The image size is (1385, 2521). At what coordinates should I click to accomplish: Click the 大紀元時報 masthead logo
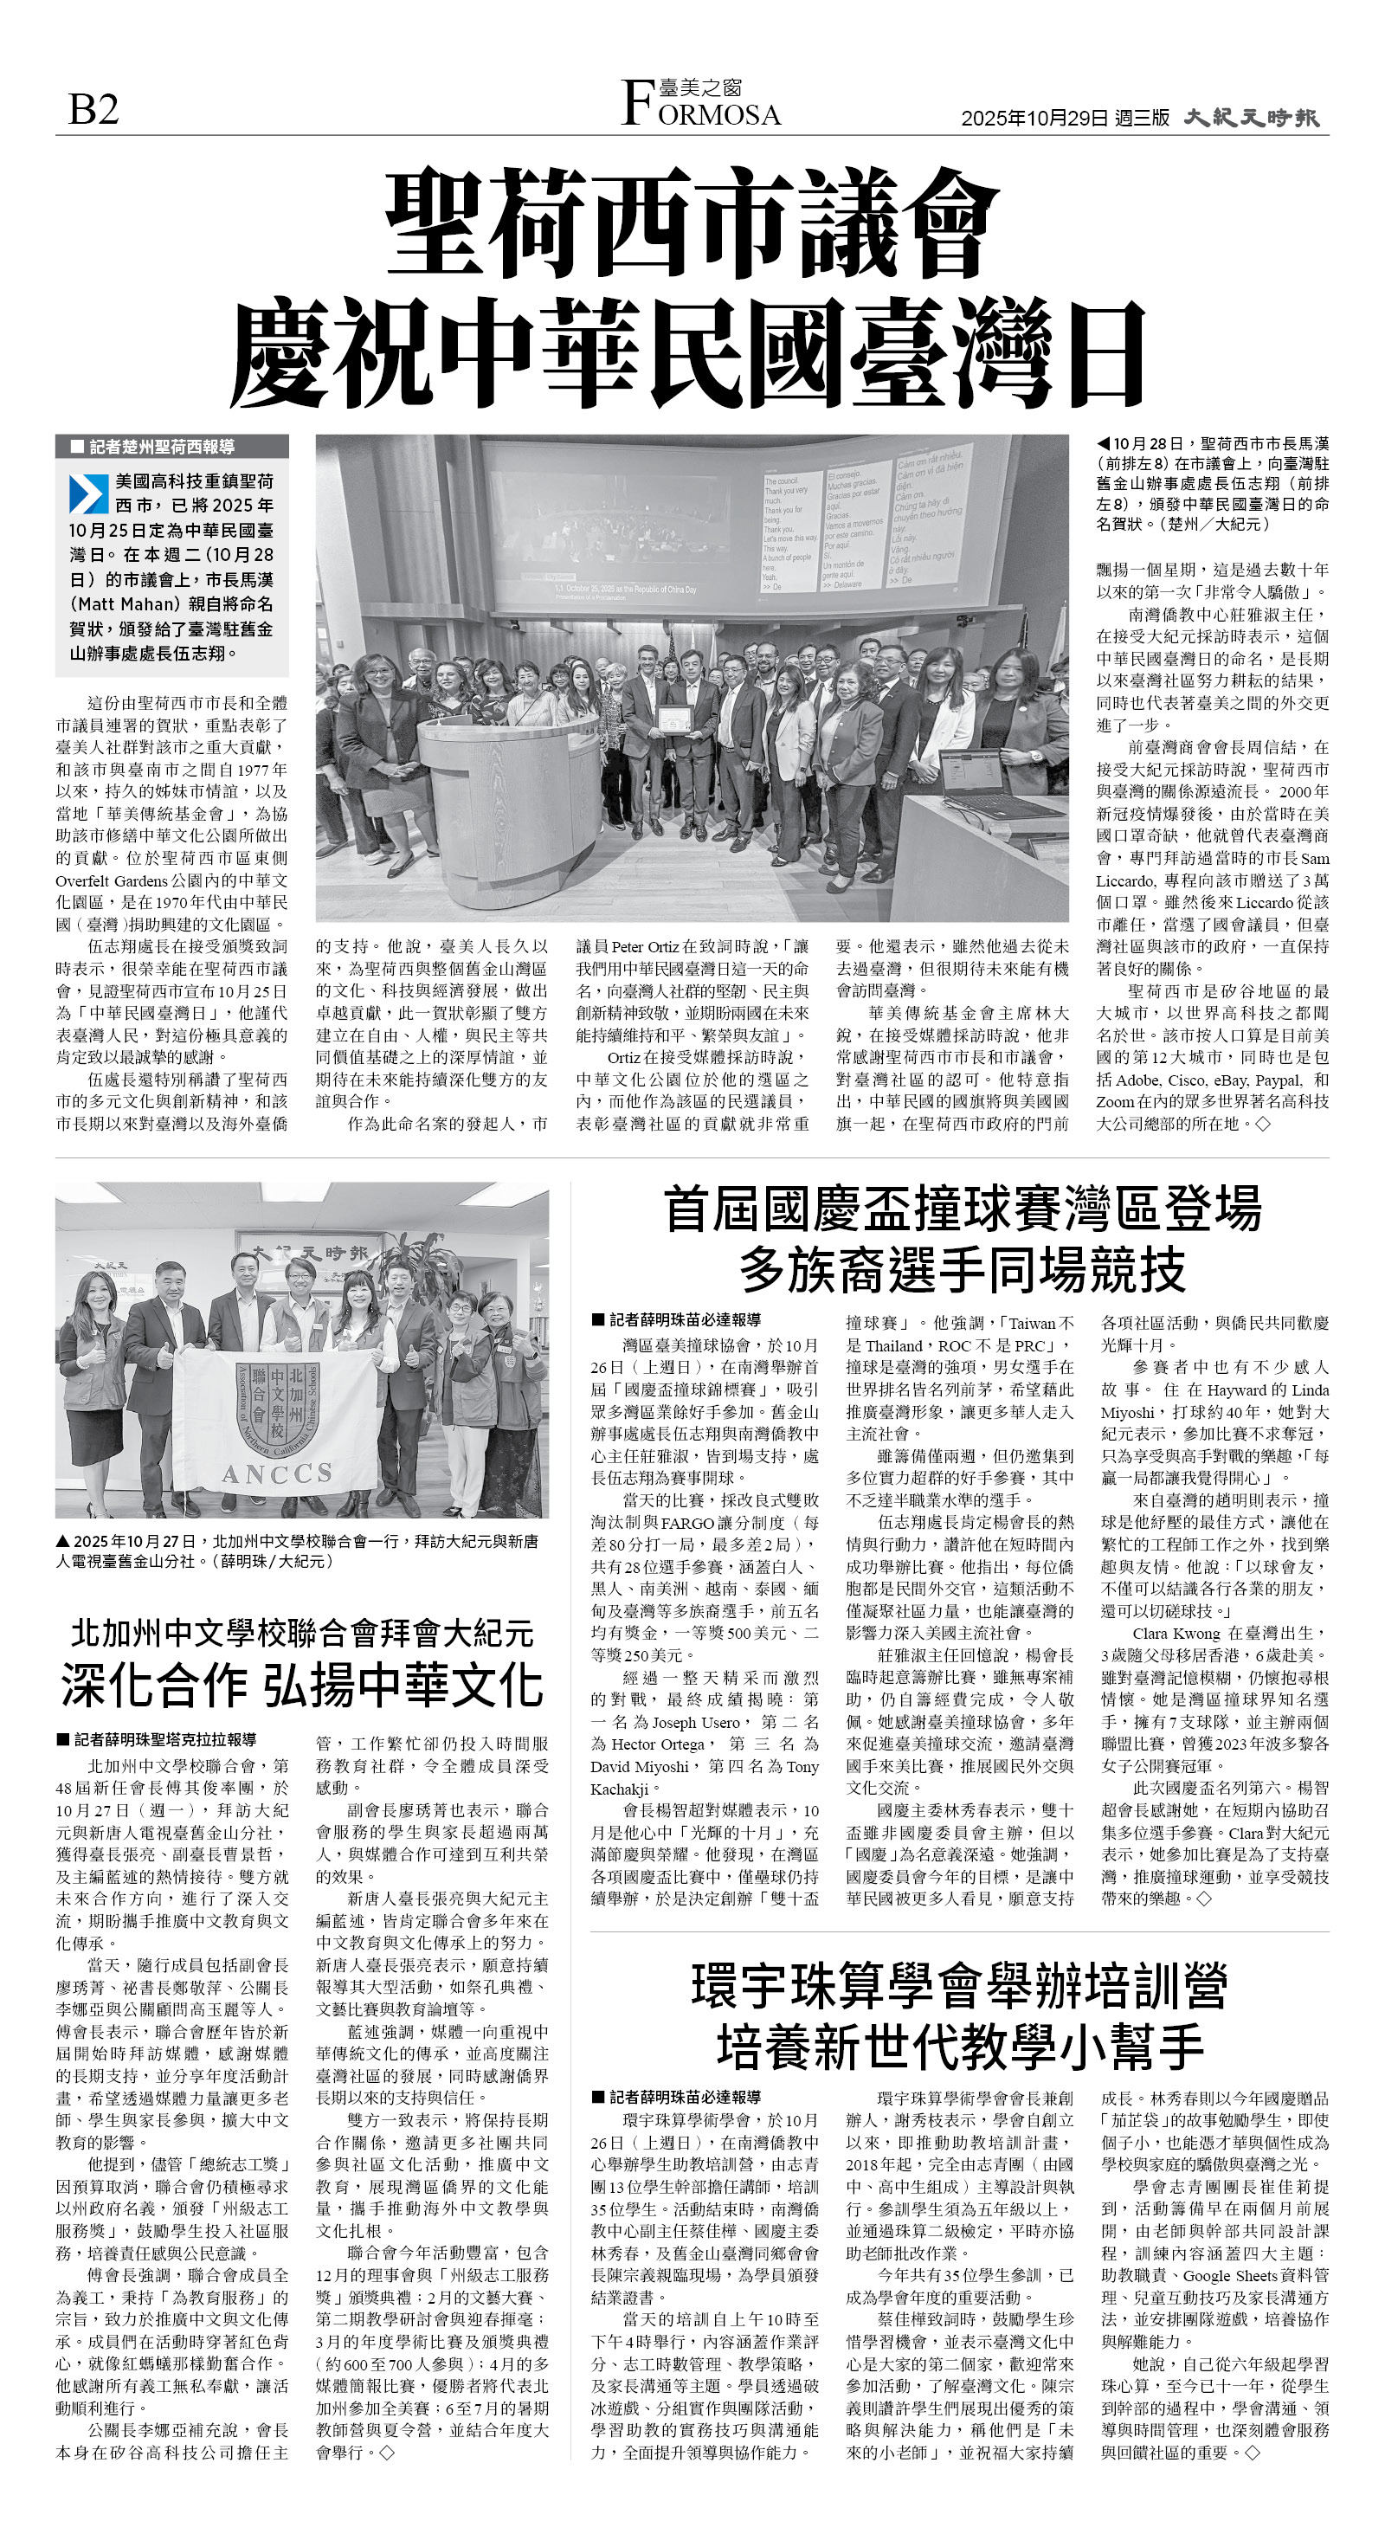1251,118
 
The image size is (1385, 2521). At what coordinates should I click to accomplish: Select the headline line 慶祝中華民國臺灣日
687,353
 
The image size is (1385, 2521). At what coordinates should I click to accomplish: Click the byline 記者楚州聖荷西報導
162,446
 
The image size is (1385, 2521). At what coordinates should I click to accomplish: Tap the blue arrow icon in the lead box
88,493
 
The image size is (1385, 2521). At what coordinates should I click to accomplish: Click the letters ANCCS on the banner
277,1473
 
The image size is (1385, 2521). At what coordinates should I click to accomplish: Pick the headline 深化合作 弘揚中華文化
301,1683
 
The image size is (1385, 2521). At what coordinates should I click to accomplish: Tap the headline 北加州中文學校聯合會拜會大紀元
301,1633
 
